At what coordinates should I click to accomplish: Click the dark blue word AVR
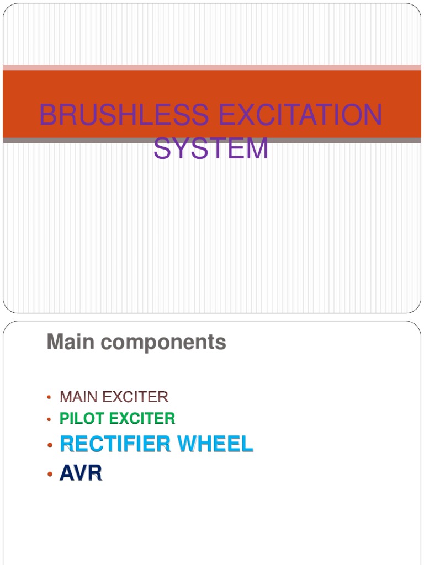point(81,474)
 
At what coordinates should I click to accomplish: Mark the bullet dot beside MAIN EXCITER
point(49,397)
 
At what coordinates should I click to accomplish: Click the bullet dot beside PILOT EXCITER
point(49,419)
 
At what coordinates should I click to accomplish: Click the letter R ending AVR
point(96,474)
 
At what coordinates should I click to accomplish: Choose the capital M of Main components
point(54,342)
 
